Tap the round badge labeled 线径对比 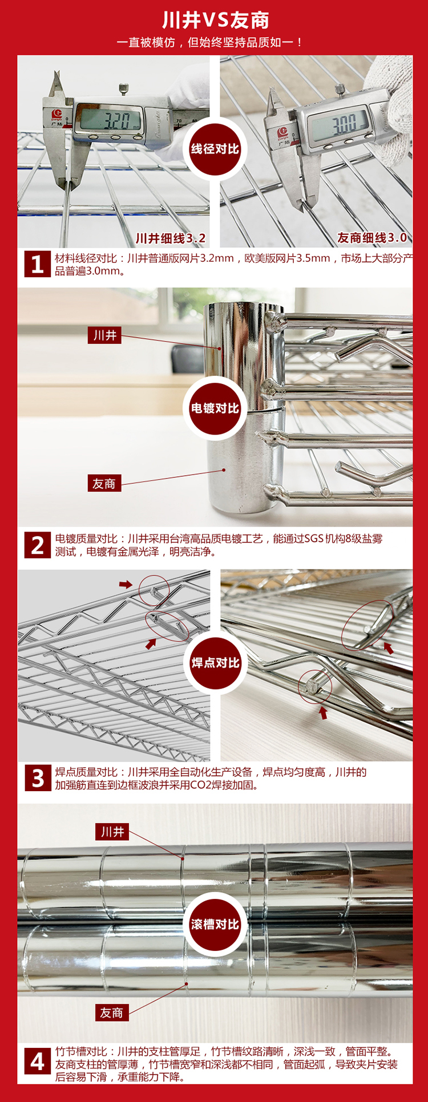[215, 149]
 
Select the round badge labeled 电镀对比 [215, 408]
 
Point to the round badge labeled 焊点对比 [215, 663]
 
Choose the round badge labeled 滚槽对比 [215, 924]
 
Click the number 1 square [38, 264]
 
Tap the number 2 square [38, 545]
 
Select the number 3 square [38, 778]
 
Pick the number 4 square [38, 1062]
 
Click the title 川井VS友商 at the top [215, 21]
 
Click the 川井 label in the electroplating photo [104, 335]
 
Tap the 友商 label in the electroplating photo [104, 484]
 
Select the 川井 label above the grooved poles [112, 832]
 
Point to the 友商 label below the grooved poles [112, 1013]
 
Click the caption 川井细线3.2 [170, 238]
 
